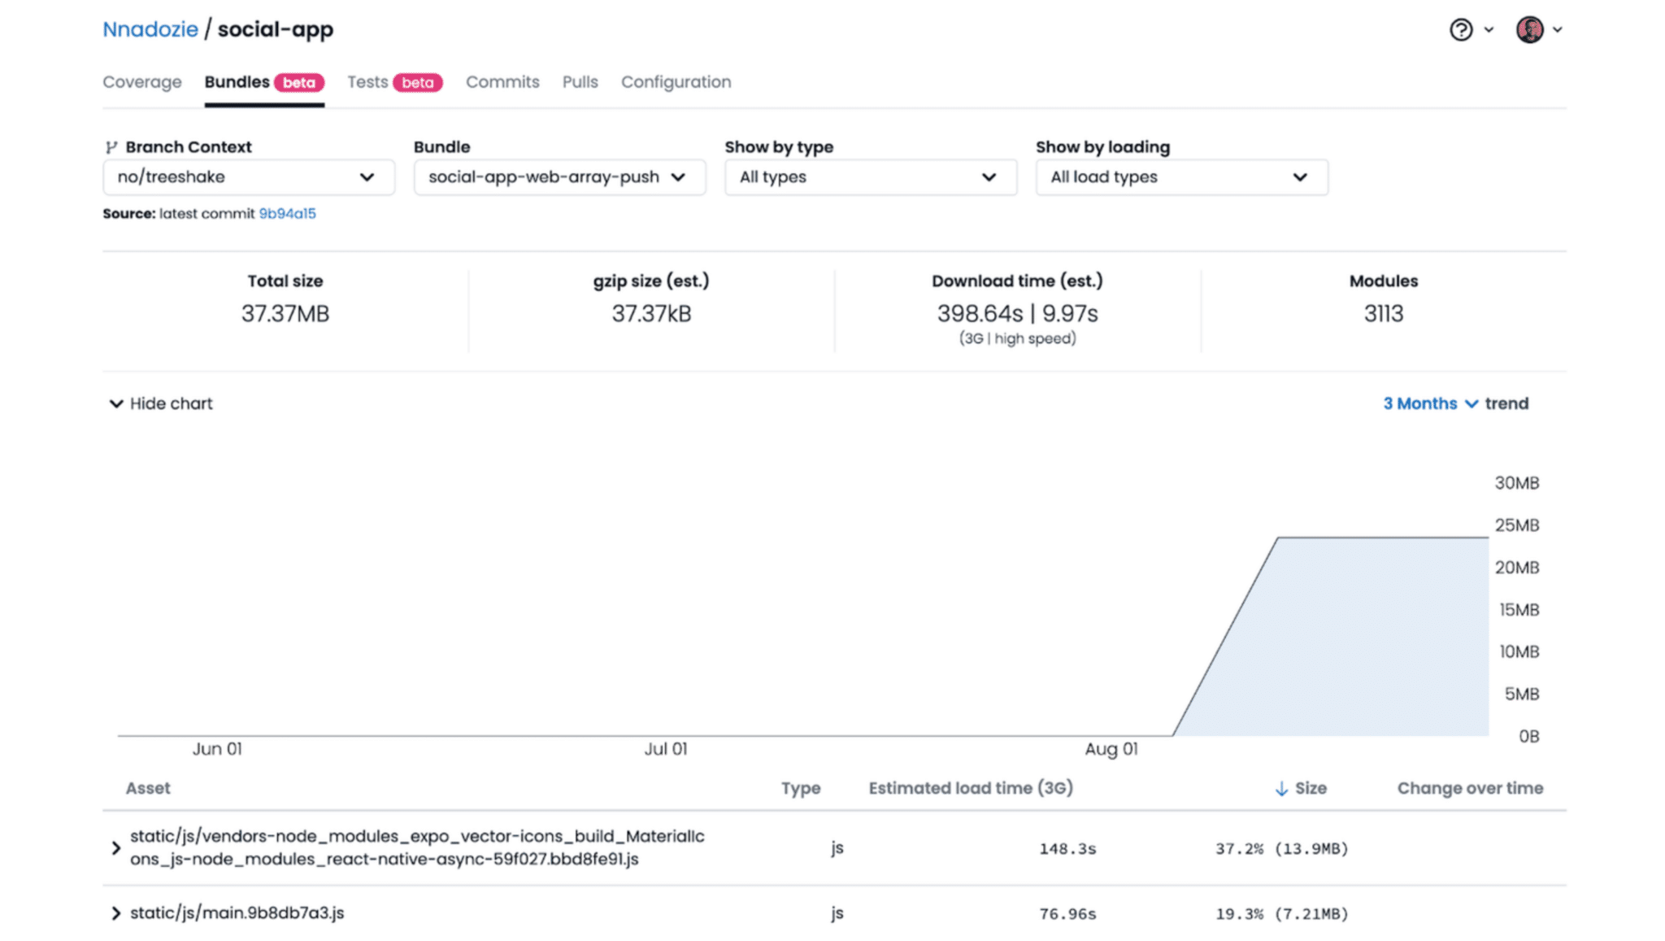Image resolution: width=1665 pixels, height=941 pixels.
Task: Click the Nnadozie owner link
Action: coord(150,29)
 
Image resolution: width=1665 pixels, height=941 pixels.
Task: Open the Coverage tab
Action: coord(142,82)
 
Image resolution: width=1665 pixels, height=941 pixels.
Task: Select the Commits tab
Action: coord(502,82)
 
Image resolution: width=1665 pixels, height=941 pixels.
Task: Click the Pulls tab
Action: coord(580,82)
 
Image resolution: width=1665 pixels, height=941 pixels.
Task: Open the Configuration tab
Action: coord(676,82)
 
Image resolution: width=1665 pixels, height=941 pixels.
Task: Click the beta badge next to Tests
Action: coord(418,83)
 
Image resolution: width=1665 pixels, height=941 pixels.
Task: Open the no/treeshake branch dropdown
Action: coord(248,177)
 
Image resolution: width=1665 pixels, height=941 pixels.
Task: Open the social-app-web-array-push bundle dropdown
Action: coord(559,177)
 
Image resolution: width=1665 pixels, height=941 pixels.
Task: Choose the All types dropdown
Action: coord(870,177)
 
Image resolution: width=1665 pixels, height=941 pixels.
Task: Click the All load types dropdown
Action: coord(1181,177)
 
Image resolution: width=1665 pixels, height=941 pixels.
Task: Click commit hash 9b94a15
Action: coord(287,214)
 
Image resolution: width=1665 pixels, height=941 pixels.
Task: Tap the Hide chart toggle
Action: coord(161,403)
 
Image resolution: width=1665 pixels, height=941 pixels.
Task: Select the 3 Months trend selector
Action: coord(1430,403)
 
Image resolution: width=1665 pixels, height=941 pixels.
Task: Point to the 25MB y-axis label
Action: coord(1516,525)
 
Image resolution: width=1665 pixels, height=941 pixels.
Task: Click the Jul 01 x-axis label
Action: coord(665,749)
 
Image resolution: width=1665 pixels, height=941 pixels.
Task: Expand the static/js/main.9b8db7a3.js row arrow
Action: coord(115,913)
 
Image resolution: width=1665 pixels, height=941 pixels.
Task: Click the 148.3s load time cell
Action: coord(1067,849)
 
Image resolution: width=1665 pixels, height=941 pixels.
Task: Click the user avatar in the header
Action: coord(1529,30)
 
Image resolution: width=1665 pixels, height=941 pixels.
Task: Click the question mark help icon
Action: coord(1461,30)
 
